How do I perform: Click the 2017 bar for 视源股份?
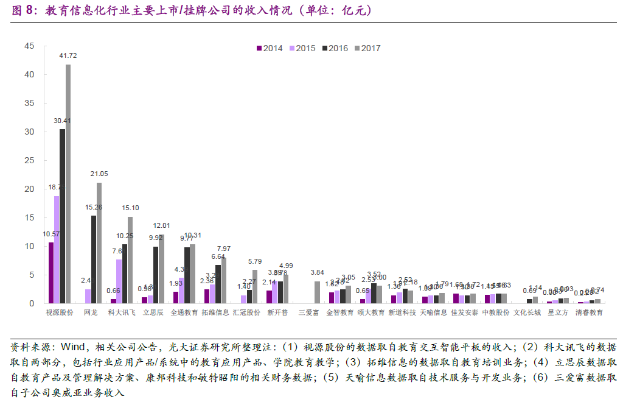(68, 184)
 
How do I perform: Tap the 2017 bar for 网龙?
(99, 243)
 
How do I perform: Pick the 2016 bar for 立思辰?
(156, 275)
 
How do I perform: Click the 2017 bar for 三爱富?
(317, 292)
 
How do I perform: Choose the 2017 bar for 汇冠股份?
(255, 287)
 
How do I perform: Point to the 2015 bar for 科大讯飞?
(119, 281)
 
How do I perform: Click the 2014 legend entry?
(269, 49)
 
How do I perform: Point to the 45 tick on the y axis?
(29, 46)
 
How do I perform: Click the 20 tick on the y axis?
(29, 189)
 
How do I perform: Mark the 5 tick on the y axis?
(31, 275)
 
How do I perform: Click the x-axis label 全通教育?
(184, 313)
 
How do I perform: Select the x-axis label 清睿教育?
(589, 313)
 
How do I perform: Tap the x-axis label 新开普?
(277, 313)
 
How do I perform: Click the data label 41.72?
(68, 55)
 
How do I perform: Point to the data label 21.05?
(99, 174)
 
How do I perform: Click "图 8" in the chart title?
(23, 11)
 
